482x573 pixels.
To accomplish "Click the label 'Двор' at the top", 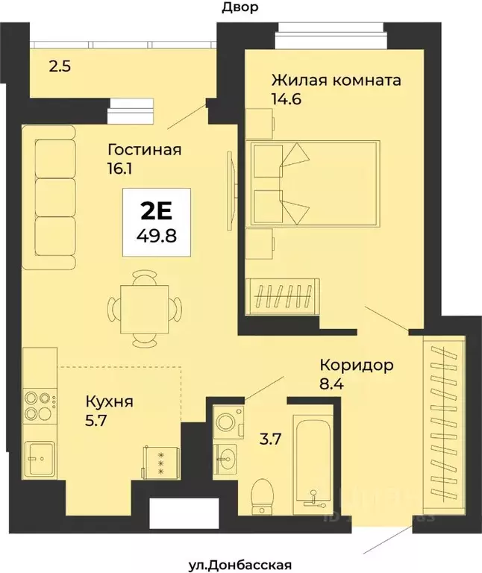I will pos(240,8).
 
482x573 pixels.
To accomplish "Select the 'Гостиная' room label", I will pos(145,149).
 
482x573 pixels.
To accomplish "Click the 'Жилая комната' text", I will pos(337,80).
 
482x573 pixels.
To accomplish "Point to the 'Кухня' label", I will pos(109,401).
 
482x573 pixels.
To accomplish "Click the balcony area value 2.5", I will pos(60,66).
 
